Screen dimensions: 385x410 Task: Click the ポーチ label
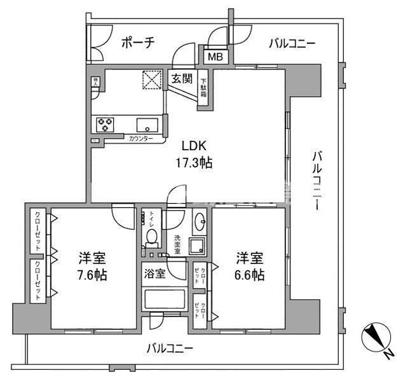pos(138,43)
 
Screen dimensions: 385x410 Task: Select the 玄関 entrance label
pos(182,79)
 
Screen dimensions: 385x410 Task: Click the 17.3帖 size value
pos(193,163)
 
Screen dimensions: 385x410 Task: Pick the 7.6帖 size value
pos(92,276)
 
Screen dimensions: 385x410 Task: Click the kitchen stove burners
pos(105,123)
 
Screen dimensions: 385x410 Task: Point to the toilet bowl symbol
pos(151,237)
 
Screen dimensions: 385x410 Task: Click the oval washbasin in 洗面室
pos(200,223)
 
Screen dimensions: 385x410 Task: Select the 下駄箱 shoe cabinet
pos(205,88)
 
